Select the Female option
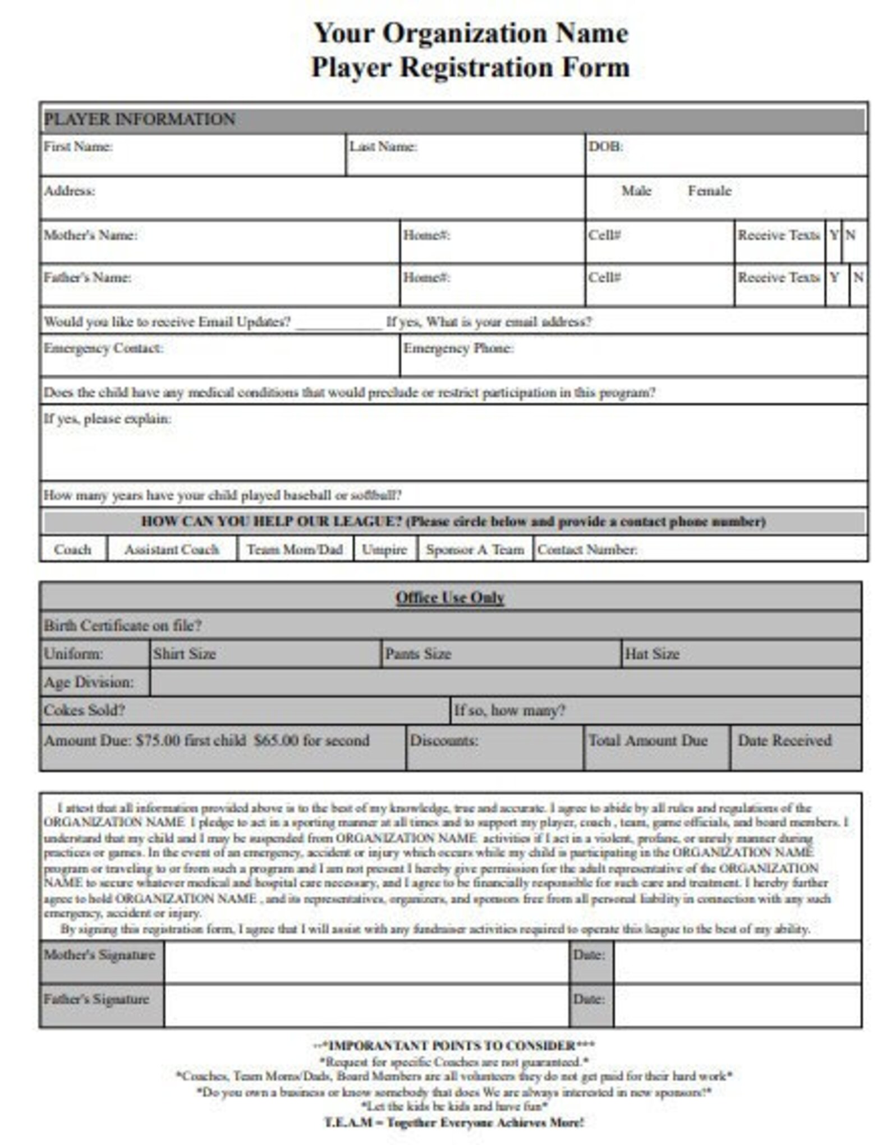point(709,191)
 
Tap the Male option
point(636,191)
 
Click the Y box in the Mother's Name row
point(834,235)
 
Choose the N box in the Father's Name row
point(858,277)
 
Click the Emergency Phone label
point(458,348)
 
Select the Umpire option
point(384,549)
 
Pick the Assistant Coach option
point(172,549)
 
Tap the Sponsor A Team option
point(475,549)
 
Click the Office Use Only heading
point(450,597)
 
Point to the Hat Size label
point(651,654)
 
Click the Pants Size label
point(417,654)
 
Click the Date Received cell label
point(784,740)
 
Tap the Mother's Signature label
point(99,954)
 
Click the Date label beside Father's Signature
point(589,999)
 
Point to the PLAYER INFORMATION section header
point(139,119)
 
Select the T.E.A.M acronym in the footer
point(348,1122)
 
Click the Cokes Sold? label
point(84,710)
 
